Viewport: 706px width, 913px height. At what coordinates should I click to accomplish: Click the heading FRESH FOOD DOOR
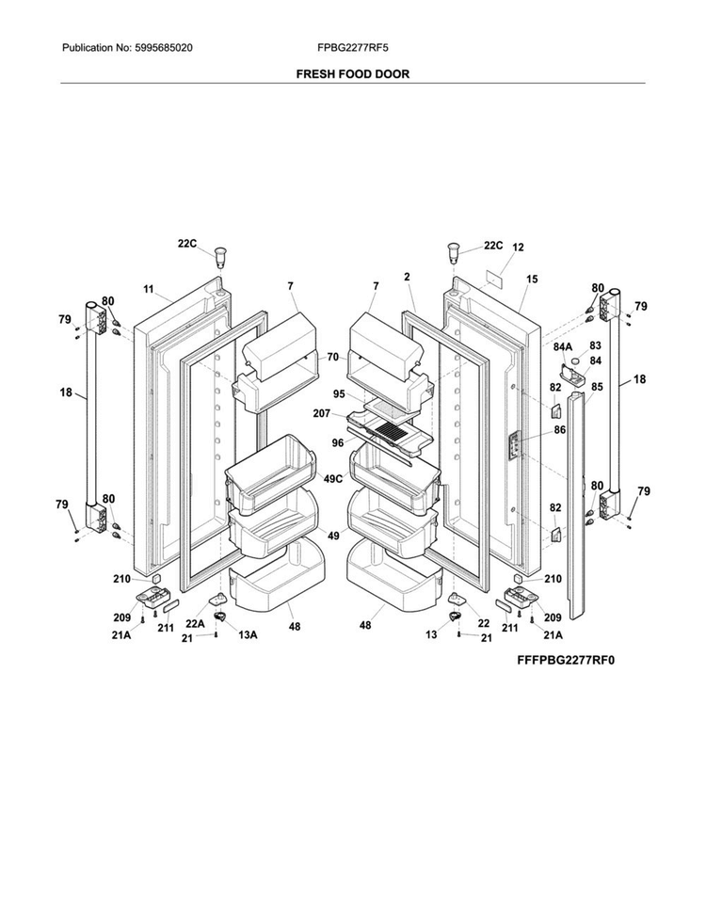[352, 74]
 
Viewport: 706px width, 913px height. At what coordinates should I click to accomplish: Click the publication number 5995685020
[164, 48]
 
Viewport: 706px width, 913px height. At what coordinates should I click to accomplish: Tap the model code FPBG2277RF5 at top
[352, 48]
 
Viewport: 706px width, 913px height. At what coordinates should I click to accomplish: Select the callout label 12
[518, 247]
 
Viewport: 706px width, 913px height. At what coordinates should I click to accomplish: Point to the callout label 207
[322, 413]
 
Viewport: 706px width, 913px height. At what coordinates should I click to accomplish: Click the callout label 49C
[333, 479]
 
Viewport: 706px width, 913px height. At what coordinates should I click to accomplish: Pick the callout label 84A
[563, 347]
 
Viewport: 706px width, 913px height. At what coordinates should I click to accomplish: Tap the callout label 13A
[248, 634]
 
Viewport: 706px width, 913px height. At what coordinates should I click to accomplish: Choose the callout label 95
[339, 394]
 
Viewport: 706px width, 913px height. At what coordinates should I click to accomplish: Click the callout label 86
[560, 430]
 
